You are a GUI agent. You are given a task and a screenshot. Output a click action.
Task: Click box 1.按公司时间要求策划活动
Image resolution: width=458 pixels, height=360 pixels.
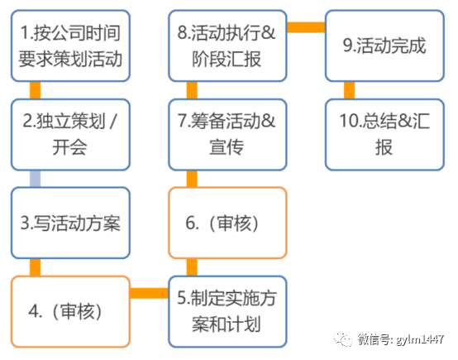coord(70,46)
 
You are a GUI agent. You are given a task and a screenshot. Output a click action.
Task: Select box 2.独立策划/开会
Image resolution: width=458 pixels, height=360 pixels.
coord(70,134)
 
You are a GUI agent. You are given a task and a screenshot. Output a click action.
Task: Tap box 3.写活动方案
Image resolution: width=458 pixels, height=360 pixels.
coord(70,223)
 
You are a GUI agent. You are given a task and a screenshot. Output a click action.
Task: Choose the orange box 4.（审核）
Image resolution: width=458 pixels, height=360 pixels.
coord(70,311)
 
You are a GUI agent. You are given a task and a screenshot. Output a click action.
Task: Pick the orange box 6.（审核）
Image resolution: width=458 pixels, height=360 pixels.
coord(227,223)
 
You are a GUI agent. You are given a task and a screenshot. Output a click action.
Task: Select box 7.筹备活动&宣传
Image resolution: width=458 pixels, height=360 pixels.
coord(227,134)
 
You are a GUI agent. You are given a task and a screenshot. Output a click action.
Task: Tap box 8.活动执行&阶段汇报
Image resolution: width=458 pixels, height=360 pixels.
coord(227,46)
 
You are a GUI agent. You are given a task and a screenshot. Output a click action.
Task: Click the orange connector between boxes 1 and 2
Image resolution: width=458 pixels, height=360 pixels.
coord(35,90)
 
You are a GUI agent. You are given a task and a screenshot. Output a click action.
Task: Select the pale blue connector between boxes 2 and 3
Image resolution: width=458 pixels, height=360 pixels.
coord(35,178)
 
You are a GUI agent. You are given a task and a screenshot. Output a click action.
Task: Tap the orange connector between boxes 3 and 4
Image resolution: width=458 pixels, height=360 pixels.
coord(35,267)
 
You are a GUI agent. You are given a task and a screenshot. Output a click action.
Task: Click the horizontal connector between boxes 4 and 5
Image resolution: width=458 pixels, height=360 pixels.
coord(149,292)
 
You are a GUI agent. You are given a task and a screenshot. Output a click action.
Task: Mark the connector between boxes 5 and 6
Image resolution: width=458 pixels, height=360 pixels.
coord(191,267)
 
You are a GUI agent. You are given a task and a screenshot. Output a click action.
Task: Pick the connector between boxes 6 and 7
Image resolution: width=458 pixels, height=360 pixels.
coord(191,178)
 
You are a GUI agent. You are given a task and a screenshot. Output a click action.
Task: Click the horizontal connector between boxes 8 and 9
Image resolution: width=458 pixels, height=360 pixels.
coord(305,27)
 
